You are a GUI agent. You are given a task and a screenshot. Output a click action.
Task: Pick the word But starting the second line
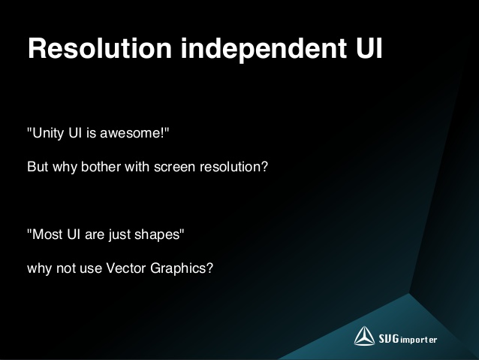coord(38,166)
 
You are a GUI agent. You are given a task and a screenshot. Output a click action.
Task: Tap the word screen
coord(174,166)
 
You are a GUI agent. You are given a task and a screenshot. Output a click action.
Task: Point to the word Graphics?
coord(188,266)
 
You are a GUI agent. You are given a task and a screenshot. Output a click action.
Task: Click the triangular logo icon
coord(364,336)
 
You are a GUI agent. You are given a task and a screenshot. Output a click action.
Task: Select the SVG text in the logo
coord(390,337)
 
